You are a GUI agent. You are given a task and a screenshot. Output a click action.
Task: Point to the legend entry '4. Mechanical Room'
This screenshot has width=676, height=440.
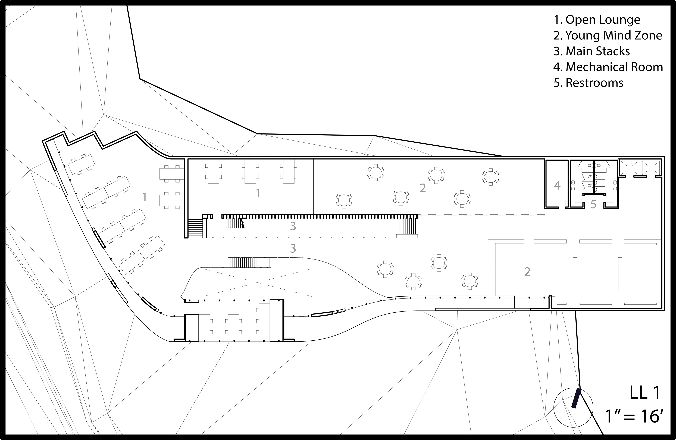pyautogui.click(x=608, y=67)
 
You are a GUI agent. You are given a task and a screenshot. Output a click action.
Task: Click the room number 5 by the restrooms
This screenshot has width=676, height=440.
pyautogui.click(x=593, y=204)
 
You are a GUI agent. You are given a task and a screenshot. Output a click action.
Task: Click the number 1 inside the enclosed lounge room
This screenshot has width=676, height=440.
pyautogui.click(x=258, y=193)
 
